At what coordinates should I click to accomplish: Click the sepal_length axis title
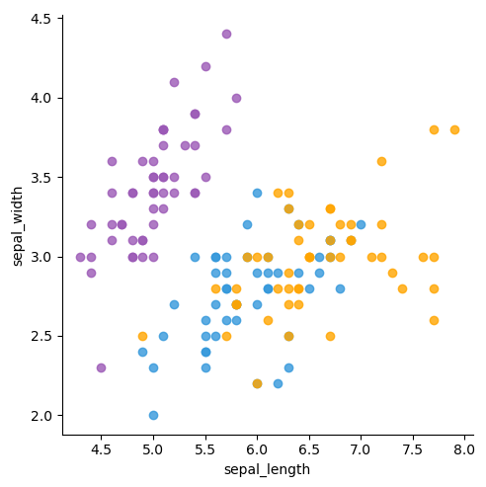click(x=267, y=469)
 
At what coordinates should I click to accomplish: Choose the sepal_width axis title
click(x=18, y=224)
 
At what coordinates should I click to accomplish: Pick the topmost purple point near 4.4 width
click(x=226, y=34)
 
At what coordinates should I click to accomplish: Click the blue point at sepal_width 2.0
click(x=153, y=415)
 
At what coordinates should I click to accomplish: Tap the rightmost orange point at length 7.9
click(x=454, y=129)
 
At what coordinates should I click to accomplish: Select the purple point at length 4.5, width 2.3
click(x=101, y=367)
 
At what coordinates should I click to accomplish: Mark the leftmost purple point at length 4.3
click(x=80, y=257)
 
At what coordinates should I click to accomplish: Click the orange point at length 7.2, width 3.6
click(x=381, y=161)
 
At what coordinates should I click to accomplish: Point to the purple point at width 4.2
click(x=205, y=66)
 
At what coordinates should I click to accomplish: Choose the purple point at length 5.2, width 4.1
click(x=174, y=82)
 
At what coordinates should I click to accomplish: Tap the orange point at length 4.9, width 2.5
click(x=142, y=336)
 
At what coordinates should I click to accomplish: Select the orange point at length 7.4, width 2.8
click(x=402, y=288)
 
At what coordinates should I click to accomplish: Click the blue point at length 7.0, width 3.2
click(x=361, y=224)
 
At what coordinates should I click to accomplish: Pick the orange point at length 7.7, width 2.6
click(x=434, y=320)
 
